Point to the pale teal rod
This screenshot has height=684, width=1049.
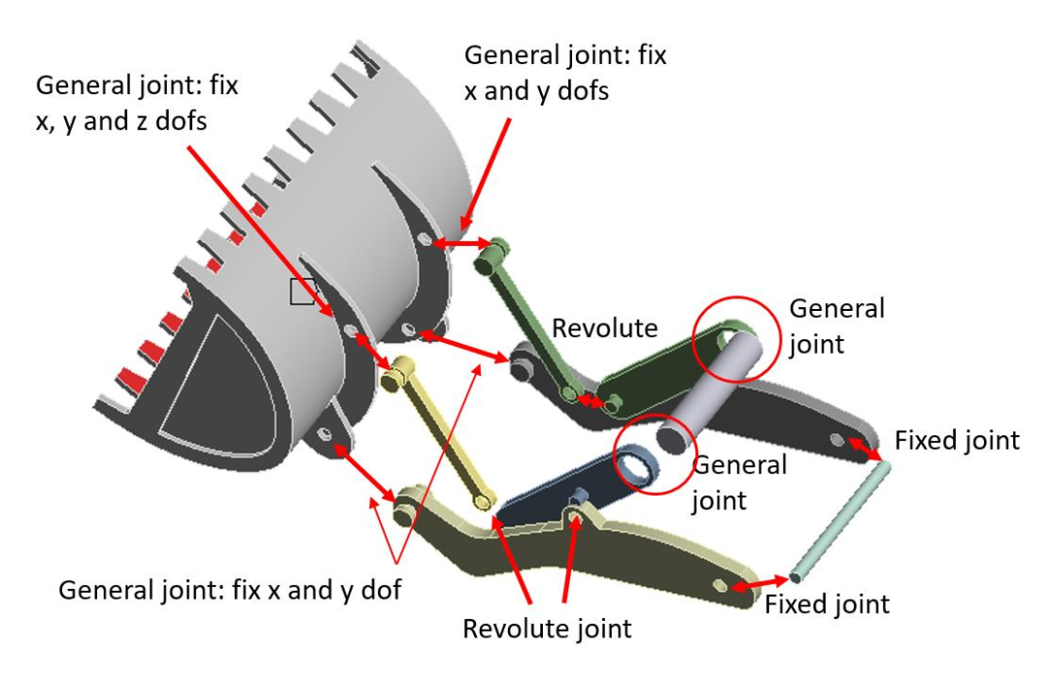click(x=840, y=521)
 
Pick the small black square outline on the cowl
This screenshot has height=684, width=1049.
click(x=302, y=291)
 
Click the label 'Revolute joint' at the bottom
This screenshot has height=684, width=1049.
click(x=547, y=629)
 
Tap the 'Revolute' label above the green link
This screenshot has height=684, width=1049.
click(x=604, y=328)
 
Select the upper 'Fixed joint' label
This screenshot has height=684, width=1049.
click(x=957, y=440)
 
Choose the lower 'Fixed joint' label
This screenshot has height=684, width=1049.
click(x=827, y=603)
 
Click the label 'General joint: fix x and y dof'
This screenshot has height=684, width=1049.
click(x=229, y=590)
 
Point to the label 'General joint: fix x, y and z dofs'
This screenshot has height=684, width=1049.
click(x=137, y=103)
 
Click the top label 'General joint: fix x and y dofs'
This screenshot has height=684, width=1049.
click(x=565, y=72)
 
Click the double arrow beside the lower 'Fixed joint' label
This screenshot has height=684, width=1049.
click(x=759, y=583)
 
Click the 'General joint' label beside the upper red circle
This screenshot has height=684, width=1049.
click(x=836, y=325)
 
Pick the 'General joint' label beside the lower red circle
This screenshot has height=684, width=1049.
click(x=739, y=482)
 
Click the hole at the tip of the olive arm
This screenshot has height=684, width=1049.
click(x=720, y=586)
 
